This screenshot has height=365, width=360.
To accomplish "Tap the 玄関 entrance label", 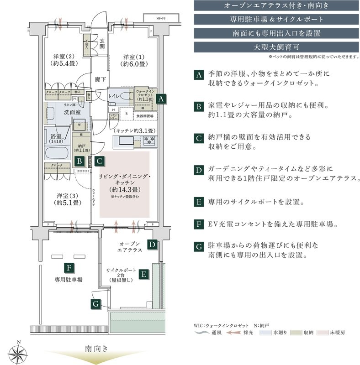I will point(102,43).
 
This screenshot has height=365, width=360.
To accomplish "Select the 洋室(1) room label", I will point(133,61).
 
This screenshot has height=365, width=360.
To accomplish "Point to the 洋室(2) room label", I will point(64,61).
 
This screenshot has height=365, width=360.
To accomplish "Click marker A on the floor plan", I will point(160,99).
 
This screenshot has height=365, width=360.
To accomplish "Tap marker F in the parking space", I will point(69,268).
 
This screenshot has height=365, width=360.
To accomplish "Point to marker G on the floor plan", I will point(95,303).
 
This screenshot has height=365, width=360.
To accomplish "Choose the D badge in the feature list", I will point(198,170).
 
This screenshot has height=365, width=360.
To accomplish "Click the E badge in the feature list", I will point(198,202).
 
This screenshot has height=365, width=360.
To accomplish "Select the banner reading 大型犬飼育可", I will point(274,47).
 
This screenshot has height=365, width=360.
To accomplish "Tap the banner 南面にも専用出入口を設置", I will point(274,33).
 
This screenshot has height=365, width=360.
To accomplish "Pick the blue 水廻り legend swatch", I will point(266,333).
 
